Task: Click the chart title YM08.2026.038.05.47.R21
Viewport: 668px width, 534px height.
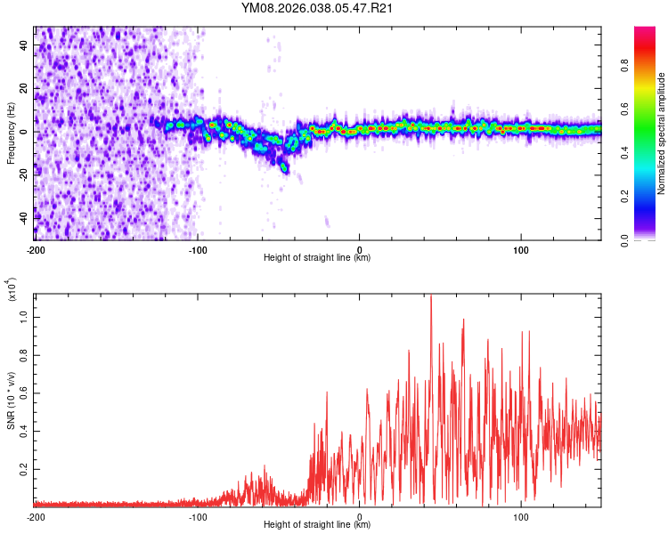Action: coord(318,8)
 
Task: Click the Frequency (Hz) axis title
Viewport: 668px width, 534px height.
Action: coord(11,133)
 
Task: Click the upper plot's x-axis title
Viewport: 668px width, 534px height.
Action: coord(317,258)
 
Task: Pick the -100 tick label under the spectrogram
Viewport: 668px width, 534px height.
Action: coord(197,248)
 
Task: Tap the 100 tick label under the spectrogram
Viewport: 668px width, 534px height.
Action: coord(521,248)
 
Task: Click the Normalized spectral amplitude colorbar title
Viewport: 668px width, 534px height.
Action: coord(662,133)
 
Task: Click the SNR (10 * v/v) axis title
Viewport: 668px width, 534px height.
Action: coord(11,400)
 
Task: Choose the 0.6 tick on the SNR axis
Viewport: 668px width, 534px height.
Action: coord(26,392)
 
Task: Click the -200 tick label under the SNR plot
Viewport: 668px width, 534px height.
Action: coord(36,516)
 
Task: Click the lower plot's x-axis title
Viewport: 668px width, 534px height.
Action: coord(317,526)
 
